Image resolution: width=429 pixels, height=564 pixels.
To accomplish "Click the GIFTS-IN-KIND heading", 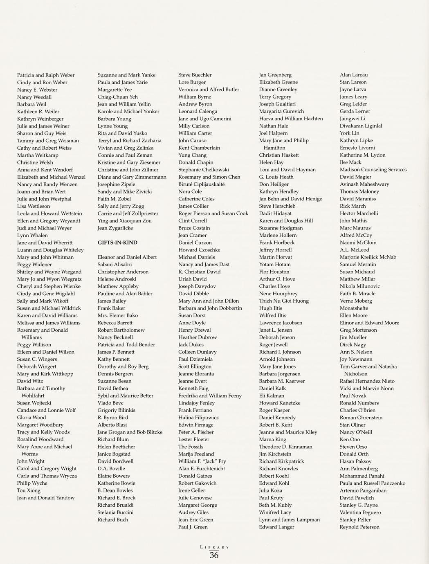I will (117, 243).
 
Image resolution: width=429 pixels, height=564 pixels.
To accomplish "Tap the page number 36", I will (214, 555).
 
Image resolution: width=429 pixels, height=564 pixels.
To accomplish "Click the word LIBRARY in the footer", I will (214, 547).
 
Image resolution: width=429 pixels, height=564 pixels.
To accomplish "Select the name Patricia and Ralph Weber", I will (46, 75).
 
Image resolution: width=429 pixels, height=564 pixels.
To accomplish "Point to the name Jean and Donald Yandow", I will (46, 498).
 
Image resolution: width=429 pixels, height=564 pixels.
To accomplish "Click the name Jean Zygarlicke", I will (115, 228).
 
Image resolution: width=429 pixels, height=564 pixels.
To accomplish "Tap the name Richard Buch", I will (112, 520).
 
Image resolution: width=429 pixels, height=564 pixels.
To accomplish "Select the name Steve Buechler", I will (195, 75).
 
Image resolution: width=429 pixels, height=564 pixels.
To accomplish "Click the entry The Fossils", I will (191, 447).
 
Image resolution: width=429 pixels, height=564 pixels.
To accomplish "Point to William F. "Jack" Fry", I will (202, 461).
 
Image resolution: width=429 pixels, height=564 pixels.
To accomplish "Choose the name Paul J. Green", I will (193, 527).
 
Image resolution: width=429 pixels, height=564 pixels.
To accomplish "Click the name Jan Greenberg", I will (275, 75).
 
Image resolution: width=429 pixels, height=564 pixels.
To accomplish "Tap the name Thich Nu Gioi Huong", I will (284, 301).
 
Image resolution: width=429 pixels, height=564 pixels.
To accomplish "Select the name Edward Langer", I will (276, 527).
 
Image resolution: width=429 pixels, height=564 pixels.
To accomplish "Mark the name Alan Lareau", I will (354, 75).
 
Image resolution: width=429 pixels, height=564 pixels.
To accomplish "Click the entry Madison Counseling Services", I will (373, 170).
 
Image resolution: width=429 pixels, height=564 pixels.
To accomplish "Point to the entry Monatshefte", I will (354, 308).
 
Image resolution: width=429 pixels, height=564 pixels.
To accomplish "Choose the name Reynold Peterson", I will (359, 527).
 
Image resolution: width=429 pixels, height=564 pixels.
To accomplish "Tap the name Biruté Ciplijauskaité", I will (202, 184).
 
